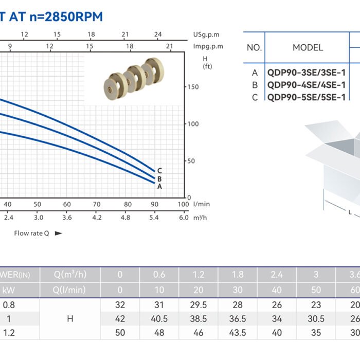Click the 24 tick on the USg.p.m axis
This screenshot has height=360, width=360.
point(158,34)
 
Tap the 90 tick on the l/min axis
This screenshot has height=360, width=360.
point(154,204)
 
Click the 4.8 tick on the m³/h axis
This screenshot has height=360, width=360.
point(125,218)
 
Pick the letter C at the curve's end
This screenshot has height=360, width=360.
point(160,171)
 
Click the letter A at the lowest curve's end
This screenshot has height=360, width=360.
point(160,187)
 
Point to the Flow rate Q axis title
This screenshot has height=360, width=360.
point(31,233)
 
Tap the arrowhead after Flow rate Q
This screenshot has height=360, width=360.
point(58,233)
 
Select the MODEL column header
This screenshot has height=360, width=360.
point(308,48)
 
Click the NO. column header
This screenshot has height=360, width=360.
point(254,48)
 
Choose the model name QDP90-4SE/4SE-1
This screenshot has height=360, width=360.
point(307,85)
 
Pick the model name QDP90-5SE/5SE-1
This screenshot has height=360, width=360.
point(307,97)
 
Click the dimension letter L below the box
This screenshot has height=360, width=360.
point(350,211)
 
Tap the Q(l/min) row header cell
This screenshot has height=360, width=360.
point(70,290)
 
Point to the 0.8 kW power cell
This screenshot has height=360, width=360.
point(9,304)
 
